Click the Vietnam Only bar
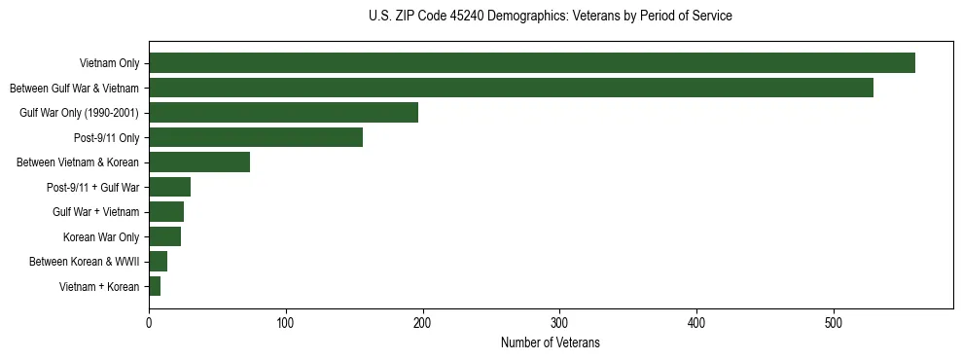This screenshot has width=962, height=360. tap(531, 63)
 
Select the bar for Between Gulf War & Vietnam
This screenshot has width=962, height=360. tap(511, 88)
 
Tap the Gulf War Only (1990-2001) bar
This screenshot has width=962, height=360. tap(283, 113)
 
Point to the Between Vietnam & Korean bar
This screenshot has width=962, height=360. tap(199, 162)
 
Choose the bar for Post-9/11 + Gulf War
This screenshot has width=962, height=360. tap(169, 187)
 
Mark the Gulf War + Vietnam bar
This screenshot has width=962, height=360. tap(166, 212)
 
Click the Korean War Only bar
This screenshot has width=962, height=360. tap(164, 236)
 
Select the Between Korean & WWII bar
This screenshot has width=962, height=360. tap(158, 261)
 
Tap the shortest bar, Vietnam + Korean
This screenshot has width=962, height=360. tap(155, 286)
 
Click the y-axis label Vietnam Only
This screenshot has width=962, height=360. tap(109, 64)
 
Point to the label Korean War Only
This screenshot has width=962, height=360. tap(101, 236)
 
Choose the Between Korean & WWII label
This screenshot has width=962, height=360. tap(85, 262)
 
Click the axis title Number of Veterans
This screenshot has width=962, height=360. tap(550, 343)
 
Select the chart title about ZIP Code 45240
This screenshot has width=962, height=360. tap(550, 17)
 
